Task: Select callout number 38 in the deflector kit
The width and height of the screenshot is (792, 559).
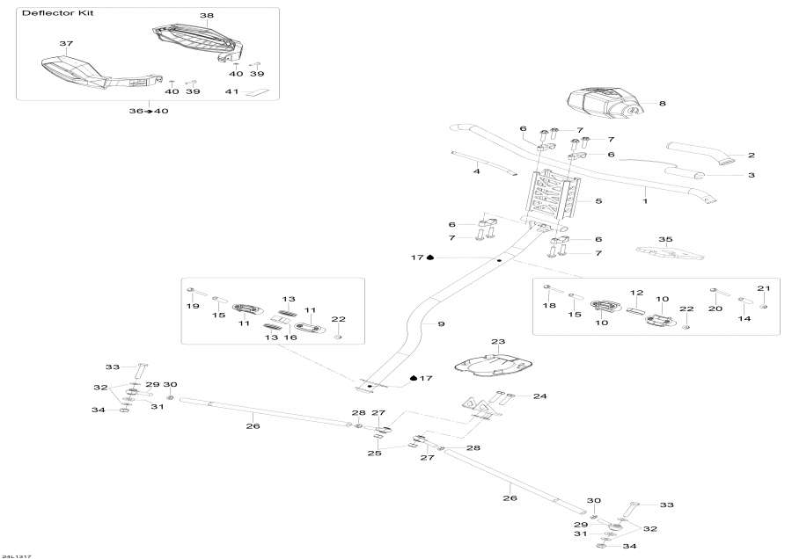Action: (207, 16)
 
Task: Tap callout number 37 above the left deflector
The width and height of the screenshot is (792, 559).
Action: (65, 43)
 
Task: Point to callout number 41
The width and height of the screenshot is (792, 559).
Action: (232, 91)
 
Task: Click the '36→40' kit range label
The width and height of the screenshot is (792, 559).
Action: (149, 110)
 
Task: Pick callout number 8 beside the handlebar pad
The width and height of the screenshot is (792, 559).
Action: (662, 103)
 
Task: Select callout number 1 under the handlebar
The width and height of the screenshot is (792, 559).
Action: (644, 201)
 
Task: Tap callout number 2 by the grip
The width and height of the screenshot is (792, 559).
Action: (752, 156)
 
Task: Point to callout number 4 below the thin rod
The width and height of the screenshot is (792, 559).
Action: (476, 171)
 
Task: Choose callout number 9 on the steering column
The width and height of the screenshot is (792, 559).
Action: (441, 324)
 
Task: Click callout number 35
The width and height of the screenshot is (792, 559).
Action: (665, 239)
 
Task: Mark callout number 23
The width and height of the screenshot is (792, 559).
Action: (498, 341)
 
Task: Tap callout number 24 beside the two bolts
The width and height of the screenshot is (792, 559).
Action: (539, 396)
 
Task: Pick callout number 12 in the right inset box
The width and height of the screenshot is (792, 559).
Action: (637, 292)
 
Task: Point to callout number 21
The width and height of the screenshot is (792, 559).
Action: (764, 288)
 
